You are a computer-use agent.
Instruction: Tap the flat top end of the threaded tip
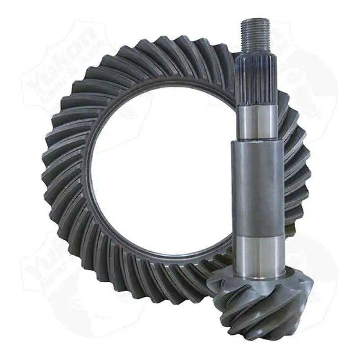point(255,20)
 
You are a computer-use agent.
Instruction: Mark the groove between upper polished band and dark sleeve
point(256,140)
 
